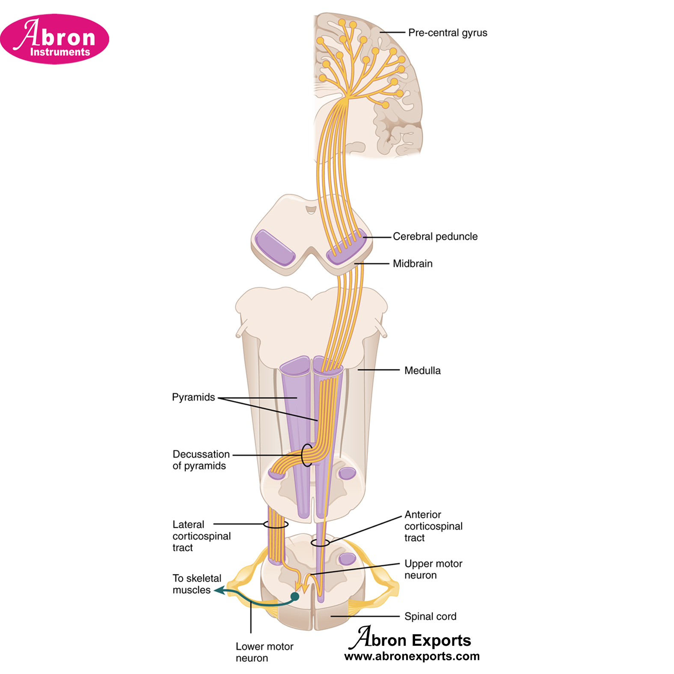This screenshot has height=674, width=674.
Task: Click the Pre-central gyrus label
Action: pyautogui.click(x=447, y=33)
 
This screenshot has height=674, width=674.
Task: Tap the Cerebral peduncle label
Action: pyautogui.click(x=435, y=237)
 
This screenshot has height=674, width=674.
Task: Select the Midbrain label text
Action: pyautogui.click(x=413, y=264)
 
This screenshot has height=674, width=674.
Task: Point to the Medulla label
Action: pyautogui.click(x=422, y=371)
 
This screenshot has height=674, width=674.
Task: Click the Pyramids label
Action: pyautogui.click(x=193, y=397)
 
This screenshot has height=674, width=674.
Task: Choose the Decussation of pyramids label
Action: pyautogui.click(x=201, y=460)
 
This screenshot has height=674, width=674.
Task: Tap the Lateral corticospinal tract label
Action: pyautogui.click(x=201, y=536)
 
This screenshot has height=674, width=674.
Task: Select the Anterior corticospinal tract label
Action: pyautogui.click(x=433, y=526)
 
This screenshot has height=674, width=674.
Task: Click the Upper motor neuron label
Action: pyautogui.click(x=433, y=569)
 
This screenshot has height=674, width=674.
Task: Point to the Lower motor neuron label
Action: pyautogui.click(x=264, y=652)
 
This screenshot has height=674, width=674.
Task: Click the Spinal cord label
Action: pyautogui.click(x=430, y=616)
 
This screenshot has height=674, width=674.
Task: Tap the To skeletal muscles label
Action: pyautogui.click(x=196, y=584)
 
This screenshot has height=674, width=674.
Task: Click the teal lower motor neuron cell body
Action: pyautogui.click(x=294, y=596)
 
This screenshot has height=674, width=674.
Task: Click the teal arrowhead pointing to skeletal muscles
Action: pyautogui.click(x=220, y=591)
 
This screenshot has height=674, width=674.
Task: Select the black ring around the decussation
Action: pyautogui.click(x=307, y=455)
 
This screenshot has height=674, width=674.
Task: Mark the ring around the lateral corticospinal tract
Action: pyautogui.click(x=276, y=524)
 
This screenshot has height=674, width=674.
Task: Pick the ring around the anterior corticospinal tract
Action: pyautogui.click(x=320, y=543)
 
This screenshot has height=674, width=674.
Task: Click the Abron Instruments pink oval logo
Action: pyautogui.click(x=55, y=39)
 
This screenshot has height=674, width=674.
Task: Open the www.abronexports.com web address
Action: pyautogui.click(x=412, y=656)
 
